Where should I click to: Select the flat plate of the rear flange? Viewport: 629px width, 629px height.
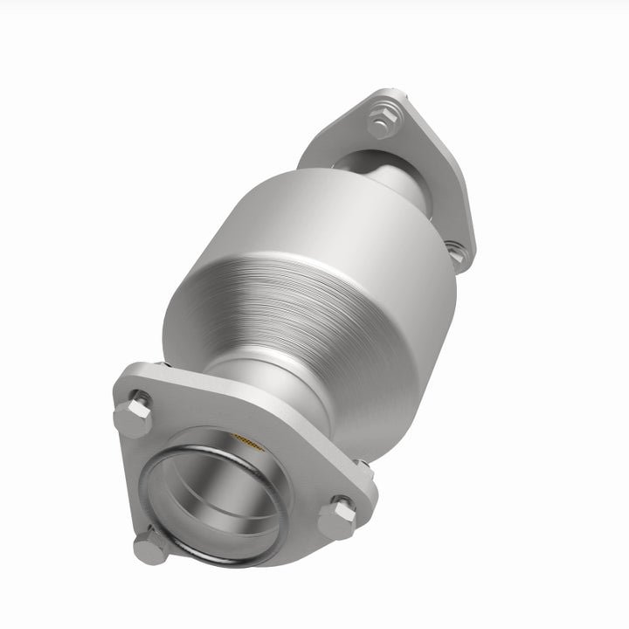[428, 175]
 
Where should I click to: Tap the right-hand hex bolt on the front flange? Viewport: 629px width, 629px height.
[337, 518]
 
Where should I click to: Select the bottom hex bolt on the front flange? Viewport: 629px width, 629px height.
[151, 548]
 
